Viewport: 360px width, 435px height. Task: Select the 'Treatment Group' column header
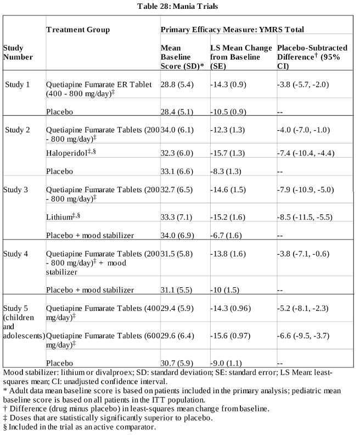78,29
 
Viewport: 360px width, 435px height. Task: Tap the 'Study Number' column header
18,52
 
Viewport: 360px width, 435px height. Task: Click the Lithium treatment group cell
64,217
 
